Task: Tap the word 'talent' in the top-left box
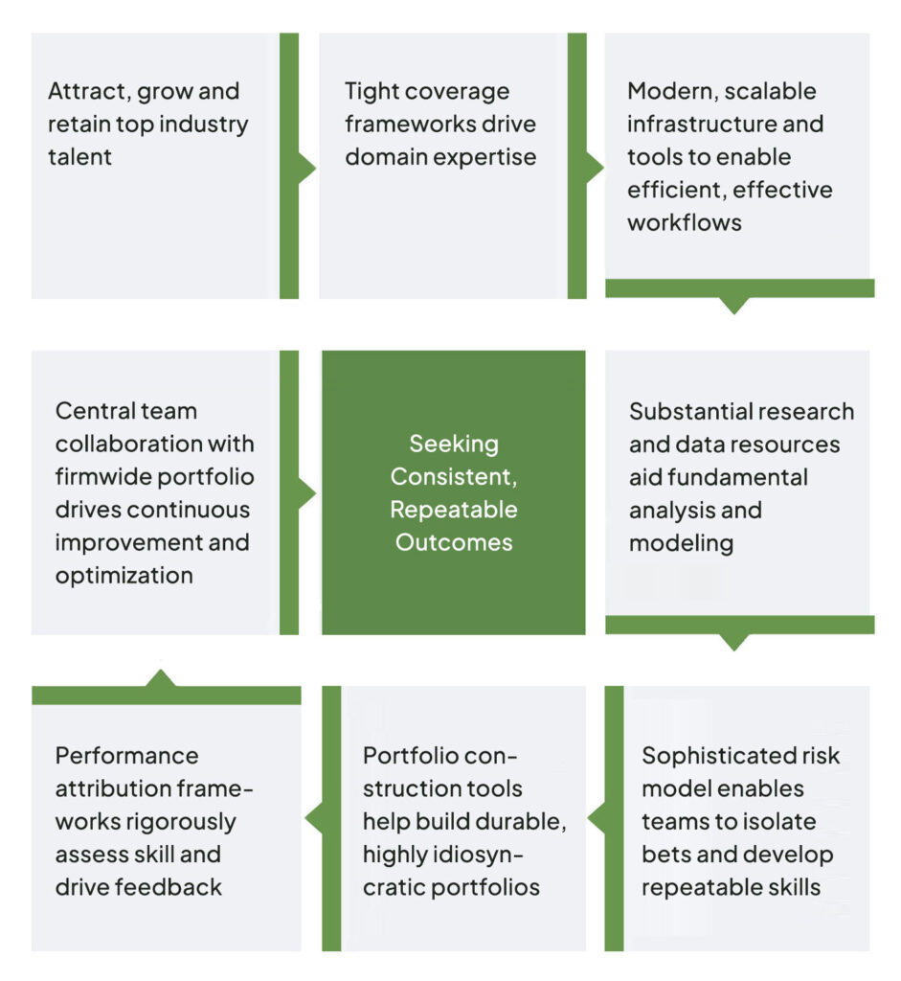tap(79, 156)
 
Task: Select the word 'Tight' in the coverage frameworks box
tap(373, 92)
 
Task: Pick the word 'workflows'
tap(684, 222)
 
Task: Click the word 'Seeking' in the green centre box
tap(454, 444)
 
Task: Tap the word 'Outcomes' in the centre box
tap(454, 542)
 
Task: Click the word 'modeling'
tap(681, 543)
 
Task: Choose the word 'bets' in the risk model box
tap(664, 855)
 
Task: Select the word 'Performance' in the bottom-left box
tap(126, 756)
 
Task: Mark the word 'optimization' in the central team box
tap(124, 576)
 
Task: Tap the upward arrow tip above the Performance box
tap(161, 673)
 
